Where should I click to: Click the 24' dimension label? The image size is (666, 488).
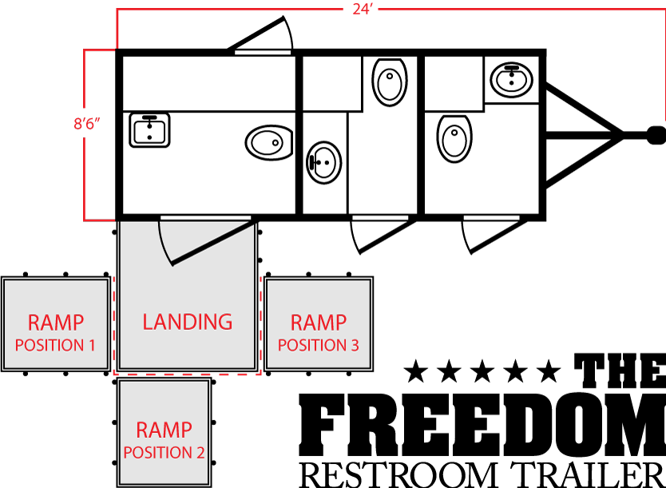coord(363,10)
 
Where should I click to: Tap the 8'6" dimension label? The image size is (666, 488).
coord(86,124)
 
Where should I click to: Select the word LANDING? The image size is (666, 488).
coord(187,322)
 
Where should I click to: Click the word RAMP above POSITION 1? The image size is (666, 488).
coord(55,323)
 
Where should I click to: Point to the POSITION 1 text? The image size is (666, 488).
coord(55,346)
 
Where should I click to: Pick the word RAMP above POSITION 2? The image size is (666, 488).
coord(164,430)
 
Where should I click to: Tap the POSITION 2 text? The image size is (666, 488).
coord(164,453)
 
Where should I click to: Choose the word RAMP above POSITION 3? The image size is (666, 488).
coord(318,323)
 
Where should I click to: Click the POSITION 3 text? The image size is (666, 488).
coord(318,346)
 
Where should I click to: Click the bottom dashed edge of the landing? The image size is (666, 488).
coord(187,375)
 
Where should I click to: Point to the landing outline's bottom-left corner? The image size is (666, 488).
coord(114,375)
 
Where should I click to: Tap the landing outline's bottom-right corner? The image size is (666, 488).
coord(260,375)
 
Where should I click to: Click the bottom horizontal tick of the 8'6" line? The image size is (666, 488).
coord(100,220)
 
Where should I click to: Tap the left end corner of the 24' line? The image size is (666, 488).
coord(117,10)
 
